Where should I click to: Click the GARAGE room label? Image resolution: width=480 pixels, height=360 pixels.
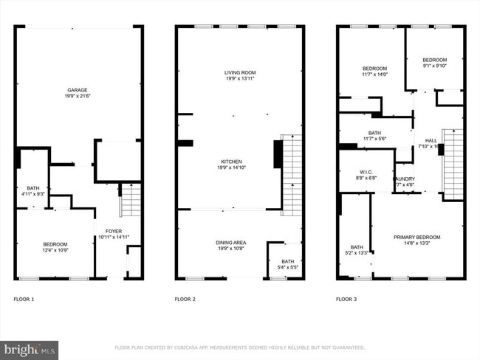point(77,90)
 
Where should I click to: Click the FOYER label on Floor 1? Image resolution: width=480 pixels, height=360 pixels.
point(114,231)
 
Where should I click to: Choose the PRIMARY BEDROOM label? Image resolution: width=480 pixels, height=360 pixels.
point(416,237)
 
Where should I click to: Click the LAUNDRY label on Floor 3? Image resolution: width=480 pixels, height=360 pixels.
point(403,179)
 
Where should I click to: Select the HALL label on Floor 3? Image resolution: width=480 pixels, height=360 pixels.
point(431,140)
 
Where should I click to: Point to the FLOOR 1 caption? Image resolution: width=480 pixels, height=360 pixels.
point(24,300)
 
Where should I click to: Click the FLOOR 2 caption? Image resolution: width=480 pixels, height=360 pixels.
point(185,300)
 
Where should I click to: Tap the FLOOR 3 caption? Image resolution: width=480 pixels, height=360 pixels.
point(346,300)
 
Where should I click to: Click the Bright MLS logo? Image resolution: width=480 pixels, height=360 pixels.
point(30,347)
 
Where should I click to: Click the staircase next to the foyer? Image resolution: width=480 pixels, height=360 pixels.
point(130,199)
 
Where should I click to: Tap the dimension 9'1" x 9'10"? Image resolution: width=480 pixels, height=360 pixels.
point(434,66)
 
